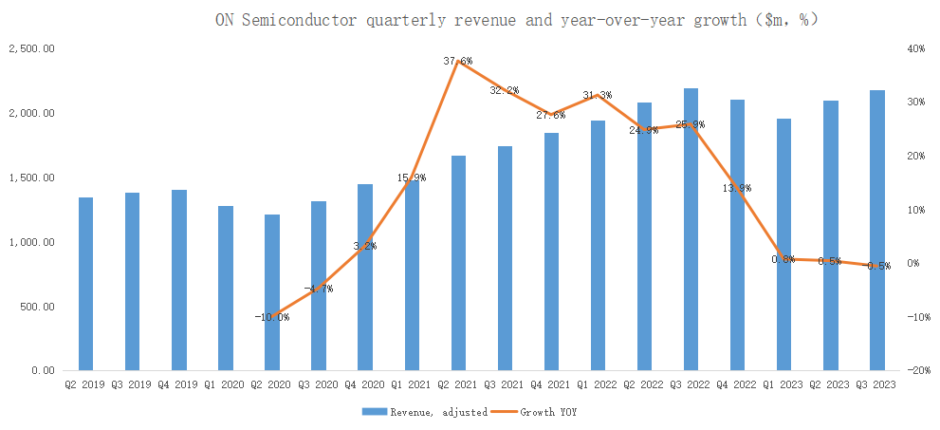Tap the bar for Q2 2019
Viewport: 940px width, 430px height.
click(x=85, y=284)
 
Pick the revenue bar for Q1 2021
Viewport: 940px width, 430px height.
click(x=412, y=275)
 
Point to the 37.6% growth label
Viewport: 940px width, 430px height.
click(x=458, y=61)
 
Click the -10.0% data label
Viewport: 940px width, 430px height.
click(x=272, y=316)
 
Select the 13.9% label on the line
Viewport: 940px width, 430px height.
click(x=737, y=188)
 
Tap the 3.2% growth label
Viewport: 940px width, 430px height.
click(x=365, y=246)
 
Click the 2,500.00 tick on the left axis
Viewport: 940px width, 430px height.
click(x=30, y=48)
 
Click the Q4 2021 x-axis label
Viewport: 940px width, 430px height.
click(x=550, y=385)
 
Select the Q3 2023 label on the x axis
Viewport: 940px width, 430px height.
click(x=875, y=385)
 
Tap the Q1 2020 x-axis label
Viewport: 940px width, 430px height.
click(x=225, y=385)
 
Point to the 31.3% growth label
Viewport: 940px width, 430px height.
click(x=598, y=95)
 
